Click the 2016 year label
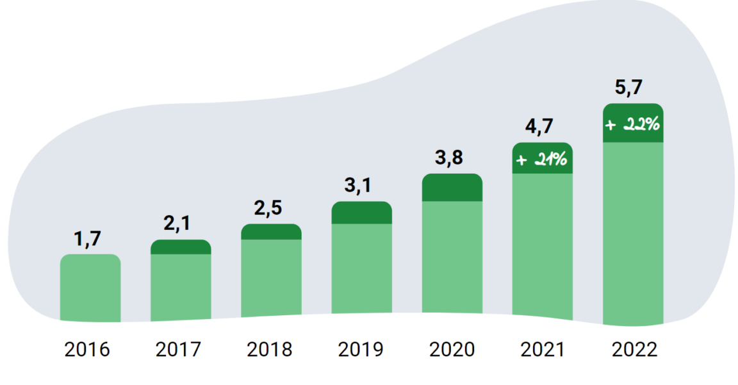(x=87, y=350)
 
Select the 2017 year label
(x=178, y=350)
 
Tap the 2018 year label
(x=269, y=350)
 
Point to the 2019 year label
(x=361, y=350)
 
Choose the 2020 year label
(x=452, y=350)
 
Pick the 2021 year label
(x=543, y=350)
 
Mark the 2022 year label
(x=634, y=350)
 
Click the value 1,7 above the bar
(x=88, y=239)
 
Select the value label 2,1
(x=179, y=224)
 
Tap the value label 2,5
(x=269, y=208)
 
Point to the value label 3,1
(x=360, y=186)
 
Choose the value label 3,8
(x=450, y=158)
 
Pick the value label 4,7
(x=541, y=127)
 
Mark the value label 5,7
(x=632, y=88)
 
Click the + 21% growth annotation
(x=543, y=159)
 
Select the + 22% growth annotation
(x=633, y=124)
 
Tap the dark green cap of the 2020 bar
(x=452, y=188)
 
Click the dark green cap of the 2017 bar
(x=181, y=247)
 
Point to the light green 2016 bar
(x=90, y=288)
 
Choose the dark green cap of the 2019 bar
(x=361, y=213)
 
